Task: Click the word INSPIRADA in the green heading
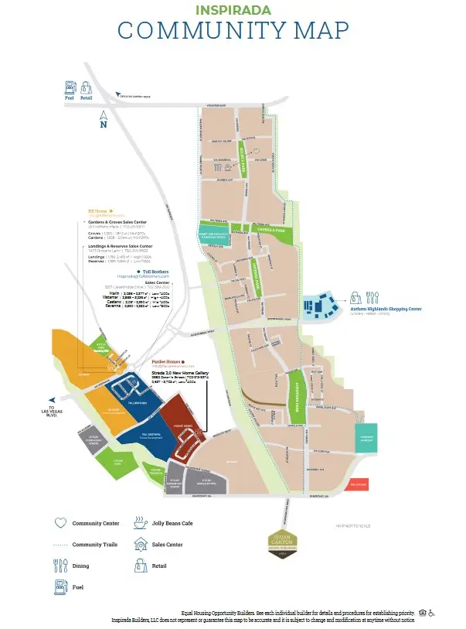[x=232, y=11]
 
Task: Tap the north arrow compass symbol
[x=104, y=120]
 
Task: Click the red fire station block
[x=359, y=484]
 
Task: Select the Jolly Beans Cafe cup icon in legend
[x=140, y=523]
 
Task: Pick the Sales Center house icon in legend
[x=140, y=545]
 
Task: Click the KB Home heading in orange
[x=98, y=209]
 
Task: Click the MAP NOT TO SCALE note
[x=353, y=526]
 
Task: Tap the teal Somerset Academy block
[x=366, y=439]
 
